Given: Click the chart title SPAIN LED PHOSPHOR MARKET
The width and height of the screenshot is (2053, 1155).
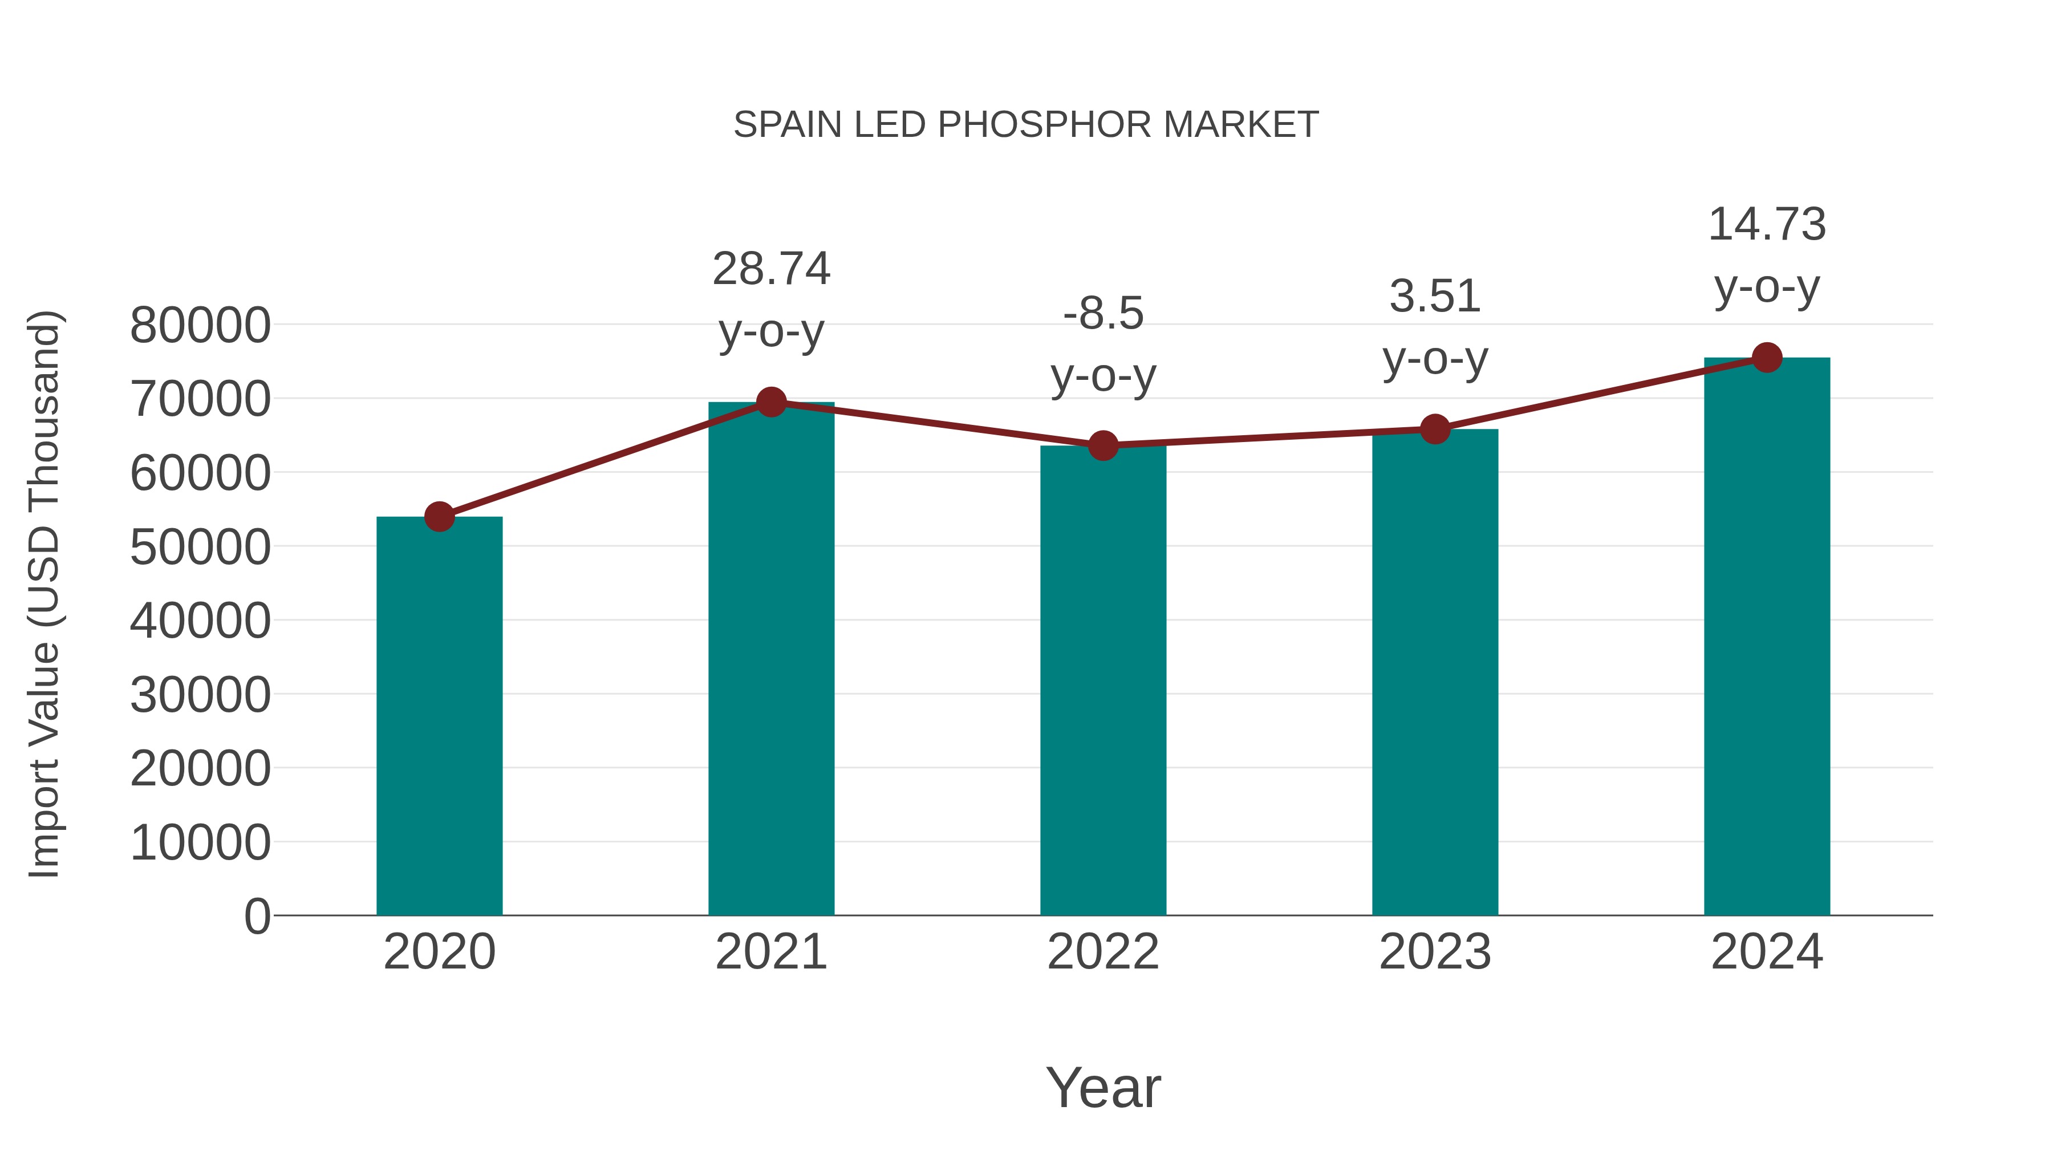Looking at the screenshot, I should click(x=1026, y=125).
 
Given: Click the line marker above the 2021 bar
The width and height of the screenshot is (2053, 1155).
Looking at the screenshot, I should click(x=770, y=403).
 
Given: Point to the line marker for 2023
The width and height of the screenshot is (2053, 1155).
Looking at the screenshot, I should click(x=1435, y=429).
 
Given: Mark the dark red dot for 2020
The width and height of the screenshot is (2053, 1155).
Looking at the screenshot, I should click(x=439, y=517).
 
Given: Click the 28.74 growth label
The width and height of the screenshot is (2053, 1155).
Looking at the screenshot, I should click(x=770, y=269).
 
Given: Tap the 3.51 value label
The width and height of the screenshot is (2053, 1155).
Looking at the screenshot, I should click(x=1435, y=297).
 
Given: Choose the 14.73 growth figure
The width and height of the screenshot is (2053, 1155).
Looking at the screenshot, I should click(x=1767, y=224).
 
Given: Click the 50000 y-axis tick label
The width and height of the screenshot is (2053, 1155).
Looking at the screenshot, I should click(x=200, y=547).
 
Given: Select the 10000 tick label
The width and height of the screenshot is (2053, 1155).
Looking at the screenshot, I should click(x=200, y=842).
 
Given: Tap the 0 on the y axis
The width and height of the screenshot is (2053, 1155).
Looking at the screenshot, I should click(x=257, y=916).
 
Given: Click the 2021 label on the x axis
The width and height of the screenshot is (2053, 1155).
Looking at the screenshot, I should click(x=770, y=952).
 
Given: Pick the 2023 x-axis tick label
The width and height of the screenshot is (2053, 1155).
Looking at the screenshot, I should click(x=1435, y=952).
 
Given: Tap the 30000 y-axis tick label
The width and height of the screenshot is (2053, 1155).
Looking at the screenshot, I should click(x=200, y=695).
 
